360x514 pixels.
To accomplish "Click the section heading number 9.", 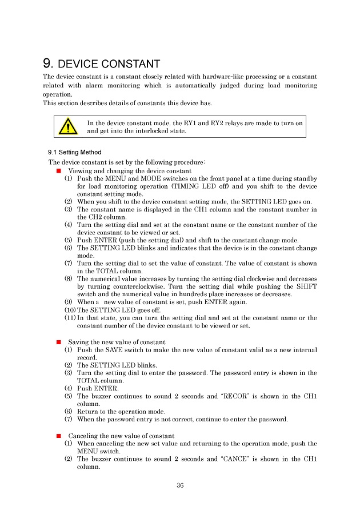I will [x=48, y=63].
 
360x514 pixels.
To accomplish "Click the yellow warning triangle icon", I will [x=68, y=126].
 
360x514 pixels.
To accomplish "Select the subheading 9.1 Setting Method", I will [x=74, y=152].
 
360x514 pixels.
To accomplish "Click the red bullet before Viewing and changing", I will [x=59, y=170].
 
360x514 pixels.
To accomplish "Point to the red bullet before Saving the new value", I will [x=59, y=341].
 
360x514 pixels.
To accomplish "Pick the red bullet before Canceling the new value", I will [x=59, y=436].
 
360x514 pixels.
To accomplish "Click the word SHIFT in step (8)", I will [x=306, y=286].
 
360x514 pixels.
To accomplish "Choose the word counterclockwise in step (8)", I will [x=126, y=286].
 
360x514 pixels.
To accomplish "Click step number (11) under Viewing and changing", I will [x=70, y=318].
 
